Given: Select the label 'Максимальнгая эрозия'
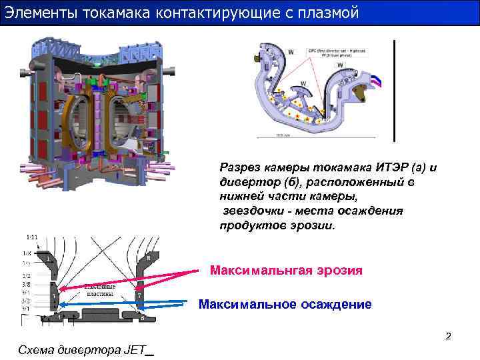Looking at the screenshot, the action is coord(286,271).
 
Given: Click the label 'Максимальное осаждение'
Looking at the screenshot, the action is coord(285,305).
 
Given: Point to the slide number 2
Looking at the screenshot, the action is coord(448,336).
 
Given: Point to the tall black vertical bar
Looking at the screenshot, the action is coord(395,91).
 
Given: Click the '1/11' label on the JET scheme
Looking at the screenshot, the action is coord(32,237).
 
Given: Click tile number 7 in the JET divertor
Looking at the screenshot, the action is coord(139,295).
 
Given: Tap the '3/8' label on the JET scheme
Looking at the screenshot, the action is coord(27,283).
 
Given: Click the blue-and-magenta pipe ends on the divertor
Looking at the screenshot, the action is coord(376,81).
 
